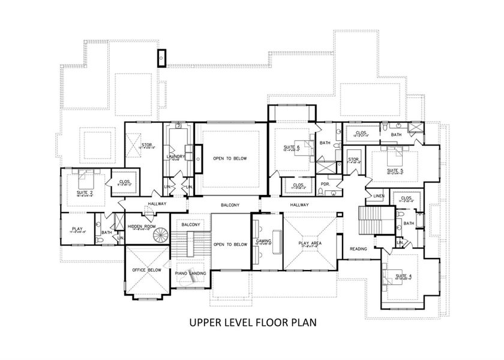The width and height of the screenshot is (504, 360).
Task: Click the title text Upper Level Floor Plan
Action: tap(253, 322)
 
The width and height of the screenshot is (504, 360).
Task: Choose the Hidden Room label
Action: tap(142, 226)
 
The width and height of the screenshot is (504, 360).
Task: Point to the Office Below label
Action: tap(146, 271)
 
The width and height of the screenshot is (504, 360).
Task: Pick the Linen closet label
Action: tap(378, 196)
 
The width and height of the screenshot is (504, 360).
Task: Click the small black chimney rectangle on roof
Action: tap(161, 58)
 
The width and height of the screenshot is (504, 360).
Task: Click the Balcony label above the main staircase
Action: tap(191, 224)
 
